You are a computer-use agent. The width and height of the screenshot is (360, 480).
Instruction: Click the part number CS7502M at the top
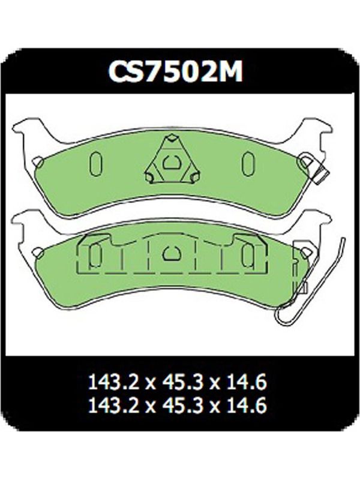point(176,72)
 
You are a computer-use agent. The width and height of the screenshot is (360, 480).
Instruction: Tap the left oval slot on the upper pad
point(95,164)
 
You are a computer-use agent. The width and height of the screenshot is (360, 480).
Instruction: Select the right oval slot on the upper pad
point(247,164)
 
